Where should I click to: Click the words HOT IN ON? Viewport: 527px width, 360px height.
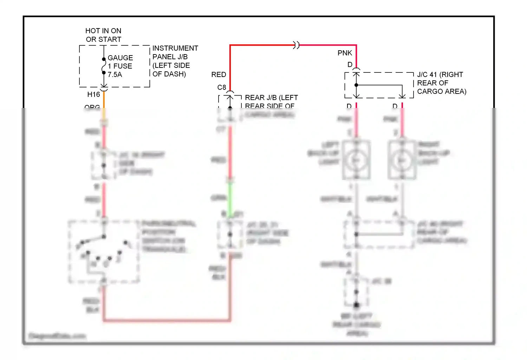tap(103, 31)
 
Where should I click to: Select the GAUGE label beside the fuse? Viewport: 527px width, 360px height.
tap(120, 58)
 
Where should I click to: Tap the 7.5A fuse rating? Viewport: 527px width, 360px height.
tap(115, 75)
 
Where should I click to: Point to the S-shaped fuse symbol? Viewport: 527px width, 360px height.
tap(104, 66)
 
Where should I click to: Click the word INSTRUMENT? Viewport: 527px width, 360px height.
tap(175, 48)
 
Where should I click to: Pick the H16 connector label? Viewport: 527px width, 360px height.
tap(93, 94)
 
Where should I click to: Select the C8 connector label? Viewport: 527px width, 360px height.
tap(222, 87)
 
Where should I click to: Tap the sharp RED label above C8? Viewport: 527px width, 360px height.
tap(219, 75)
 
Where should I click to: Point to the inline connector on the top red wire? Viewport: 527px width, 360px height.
tap(297, 45)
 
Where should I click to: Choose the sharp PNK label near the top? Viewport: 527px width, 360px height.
tap(345, 53)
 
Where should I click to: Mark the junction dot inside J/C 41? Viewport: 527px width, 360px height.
tap(356, 85)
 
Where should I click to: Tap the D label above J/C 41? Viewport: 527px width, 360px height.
tap(350, 65)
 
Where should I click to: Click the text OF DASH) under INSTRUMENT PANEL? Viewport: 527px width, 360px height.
tap(169, 74)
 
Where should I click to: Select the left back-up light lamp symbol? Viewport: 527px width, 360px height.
tap(356, 160)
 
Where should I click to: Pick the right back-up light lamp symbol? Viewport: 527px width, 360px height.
tap(402, 160)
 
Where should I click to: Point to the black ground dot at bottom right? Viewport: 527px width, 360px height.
tap(356, 305)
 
